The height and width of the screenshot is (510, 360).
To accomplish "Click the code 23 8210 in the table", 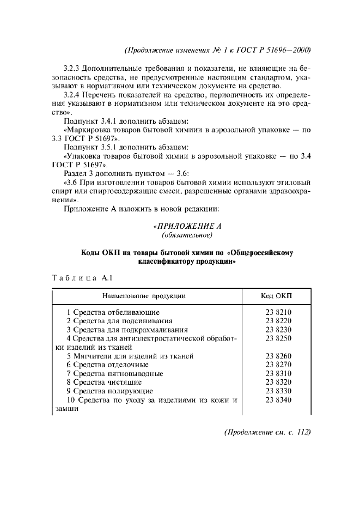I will [279, 312].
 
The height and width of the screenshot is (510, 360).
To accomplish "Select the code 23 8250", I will [279, 338].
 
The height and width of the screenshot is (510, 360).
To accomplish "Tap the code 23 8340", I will [279, 400].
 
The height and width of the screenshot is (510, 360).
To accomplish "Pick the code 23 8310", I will [279, 374].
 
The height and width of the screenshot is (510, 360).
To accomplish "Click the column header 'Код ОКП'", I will [277, 296].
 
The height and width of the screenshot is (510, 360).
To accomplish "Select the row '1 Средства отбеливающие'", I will [113, 312].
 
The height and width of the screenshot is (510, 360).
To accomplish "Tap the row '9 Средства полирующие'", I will [109, 391].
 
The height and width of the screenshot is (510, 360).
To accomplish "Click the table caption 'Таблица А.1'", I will [81, 278].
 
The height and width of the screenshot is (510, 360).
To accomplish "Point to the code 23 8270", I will [279, 365].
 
